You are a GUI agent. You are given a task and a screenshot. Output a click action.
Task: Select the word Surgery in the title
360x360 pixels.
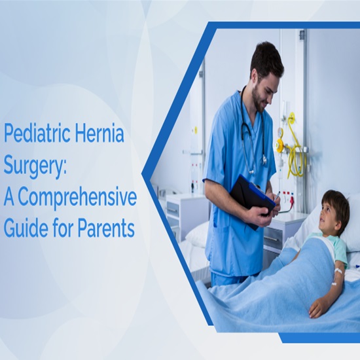[35, 166]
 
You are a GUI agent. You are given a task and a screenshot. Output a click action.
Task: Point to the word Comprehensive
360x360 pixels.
[77, 198]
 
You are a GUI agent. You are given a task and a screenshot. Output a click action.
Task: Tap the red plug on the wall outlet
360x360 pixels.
[291, 200]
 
